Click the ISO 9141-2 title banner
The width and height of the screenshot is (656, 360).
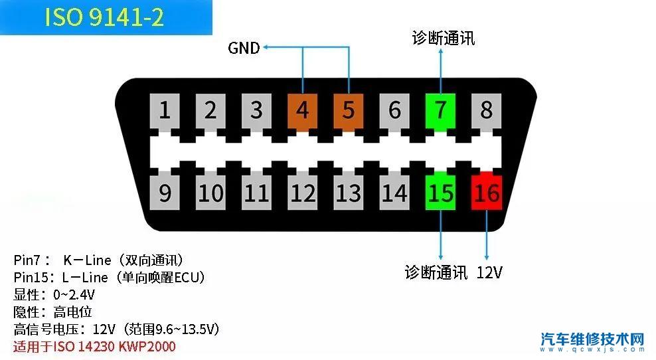[105, 17]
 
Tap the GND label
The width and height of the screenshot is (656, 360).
[244, 48]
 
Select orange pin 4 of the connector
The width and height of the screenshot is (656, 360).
[303, 110]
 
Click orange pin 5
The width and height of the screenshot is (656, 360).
[349, 110]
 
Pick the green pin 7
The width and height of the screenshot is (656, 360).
[440, 110]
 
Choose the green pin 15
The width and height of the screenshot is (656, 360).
[440, 193]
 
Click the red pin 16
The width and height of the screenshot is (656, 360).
[487, 193]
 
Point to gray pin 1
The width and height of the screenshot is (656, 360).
[165, 110]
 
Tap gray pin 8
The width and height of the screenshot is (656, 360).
[487, 110]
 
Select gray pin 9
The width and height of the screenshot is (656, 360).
[165, 193]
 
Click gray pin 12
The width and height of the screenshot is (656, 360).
[303, 193]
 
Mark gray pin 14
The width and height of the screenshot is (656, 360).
[394, 193]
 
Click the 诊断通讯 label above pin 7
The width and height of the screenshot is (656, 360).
[444, 38]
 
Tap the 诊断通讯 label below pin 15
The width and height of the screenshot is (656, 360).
[436, 272]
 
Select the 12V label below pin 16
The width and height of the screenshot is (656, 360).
[489, 272]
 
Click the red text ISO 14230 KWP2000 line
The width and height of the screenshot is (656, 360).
[94, 346]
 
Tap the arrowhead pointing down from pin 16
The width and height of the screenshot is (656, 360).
[487, 256]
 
